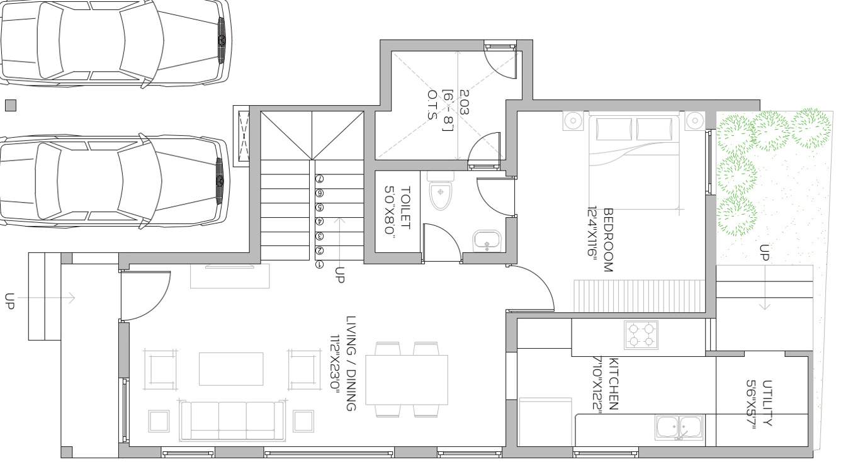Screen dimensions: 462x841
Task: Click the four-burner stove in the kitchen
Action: pyautogui.click(x=641, y=334)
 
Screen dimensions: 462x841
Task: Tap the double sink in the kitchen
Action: pyautogui.click(x=678, y=427)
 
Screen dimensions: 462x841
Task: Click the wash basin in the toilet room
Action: pyautogui.click(x=487, y=241)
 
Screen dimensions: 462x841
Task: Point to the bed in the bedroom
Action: pyautogui.click(x=635, y=161)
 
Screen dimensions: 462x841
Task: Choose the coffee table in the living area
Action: pyautogui.click(x=231, y=368)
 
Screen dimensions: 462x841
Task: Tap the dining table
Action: pyautogui.click(x=407, y=380)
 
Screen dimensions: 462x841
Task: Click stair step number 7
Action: pyautogui.click(x=320, y=179)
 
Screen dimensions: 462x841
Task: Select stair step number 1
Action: pyautogui.click(x=320, y=265)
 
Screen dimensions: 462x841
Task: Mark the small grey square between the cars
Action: pyautogui.click(x=10, y=106)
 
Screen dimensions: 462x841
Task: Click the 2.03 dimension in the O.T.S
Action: pyautogui.click(x=464, y=102)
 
